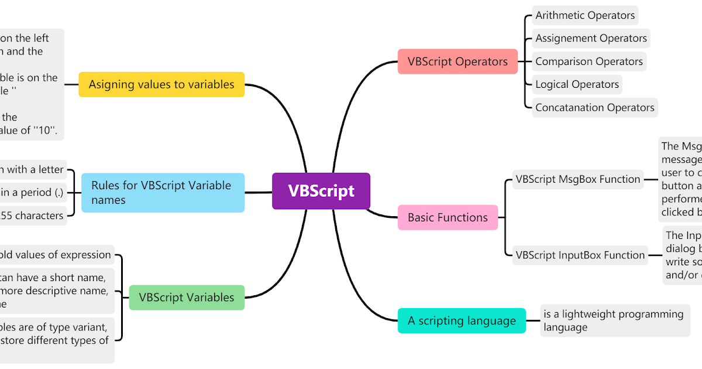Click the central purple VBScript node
[x=321, y=191]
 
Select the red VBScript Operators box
[x=457, y=61]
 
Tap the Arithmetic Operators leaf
[x=584, y=15]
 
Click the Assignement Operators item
[x=591, y=38]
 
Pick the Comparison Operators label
[x=589, y=61]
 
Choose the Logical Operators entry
[x=577, y=84]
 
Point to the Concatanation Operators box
[x=594, y=107]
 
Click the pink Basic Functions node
[x=448, y=217]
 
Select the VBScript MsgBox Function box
[x=577, y=179]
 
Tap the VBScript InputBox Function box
[x=580, y=255]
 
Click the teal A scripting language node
[x=462, y=321]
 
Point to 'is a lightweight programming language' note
[x=614, y=321]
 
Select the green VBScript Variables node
[x=186, y=298]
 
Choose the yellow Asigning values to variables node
[x=161, y=84]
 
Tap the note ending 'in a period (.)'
[x=32, y=192]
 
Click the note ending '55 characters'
[x=32, y=216]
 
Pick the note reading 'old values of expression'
[x=56, y=255]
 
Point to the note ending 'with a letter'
[x=32, y=169]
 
